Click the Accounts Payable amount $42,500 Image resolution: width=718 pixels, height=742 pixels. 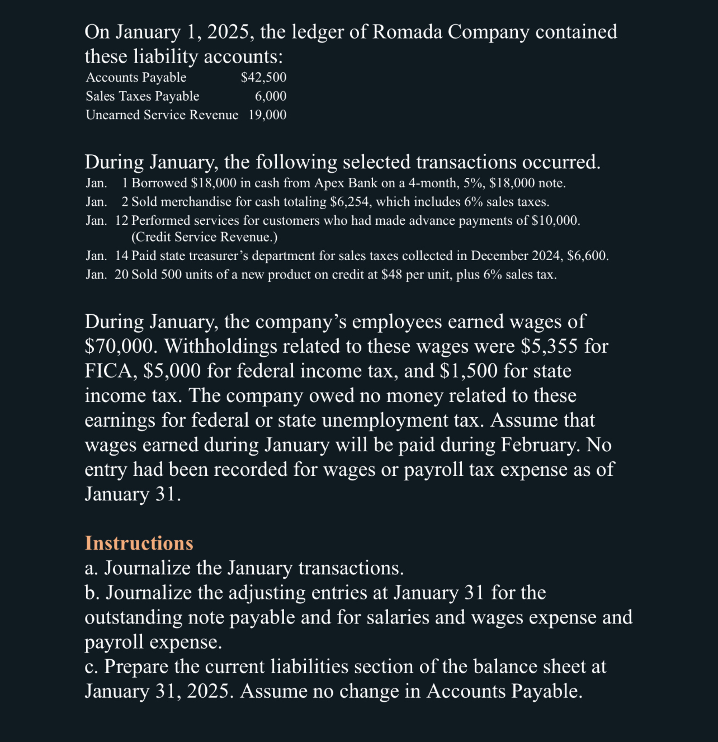[263, 78]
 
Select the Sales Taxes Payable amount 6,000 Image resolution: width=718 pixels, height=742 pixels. [271, 96]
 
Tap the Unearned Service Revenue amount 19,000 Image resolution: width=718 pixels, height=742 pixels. [267, 115]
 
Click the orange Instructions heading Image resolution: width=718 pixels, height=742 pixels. [139, 543]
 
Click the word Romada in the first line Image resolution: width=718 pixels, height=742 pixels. [407, 32]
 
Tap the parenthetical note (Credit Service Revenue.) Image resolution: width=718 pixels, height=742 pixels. [204, 237]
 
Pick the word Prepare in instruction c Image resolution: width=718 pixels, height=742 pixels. [136, 667]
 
